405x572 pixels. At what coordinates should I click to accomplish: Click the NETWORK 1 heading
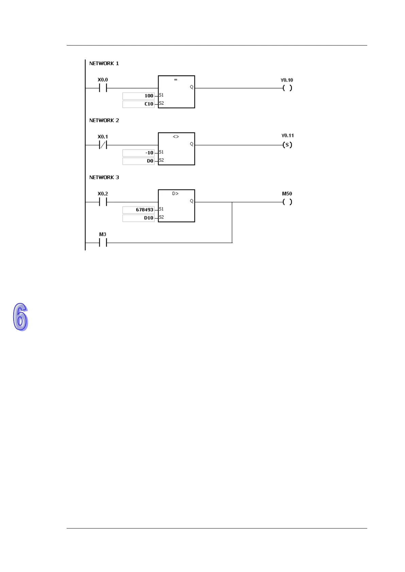[104, 64]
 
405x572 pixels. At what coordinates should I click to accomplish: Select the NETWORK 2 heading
[104, 121]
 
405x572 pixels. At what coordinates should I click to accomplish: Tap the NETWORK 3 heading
[104, 178]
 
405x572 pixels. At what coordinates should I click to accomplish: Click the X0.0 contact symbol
[103, 88]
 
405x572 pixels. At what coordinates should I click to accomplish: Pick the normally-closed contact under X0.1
[103, 145]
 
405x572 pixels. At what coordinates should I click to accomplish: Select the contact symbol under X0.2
[103, 202]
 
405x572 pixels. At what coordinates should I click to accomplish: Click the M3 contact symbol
[103, 243]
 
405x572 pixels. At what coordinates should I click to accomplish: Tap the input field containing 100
[138, 96]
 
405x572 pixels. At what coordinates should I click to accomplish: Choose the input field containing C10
[138, 104]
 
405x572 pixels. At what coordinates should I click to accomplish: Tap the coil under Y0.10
[287, 88]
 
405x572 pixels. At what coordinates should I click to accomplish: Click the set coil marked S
[287, 145]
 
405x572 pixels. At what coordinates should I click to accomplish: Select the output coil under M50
[287, 202]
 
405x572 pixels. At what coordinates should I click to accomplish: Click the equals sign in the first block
[176, 80]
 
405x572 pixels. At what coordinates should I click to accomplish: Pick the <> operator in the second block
[176, 137]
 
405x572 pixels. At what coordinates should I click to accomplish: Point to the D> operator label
[175, 194]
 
